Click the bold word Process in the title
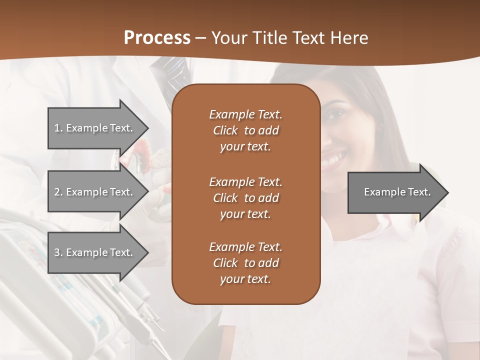[157, 38]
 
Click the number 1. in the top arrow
[58, 128]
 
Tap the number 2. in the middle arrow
[58, 192]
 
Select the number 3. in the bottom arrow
[58, 252]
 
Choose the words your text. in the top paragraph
[245, 147]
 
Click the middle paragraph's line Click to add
[245, 198]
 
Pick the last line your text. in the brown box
[245, 279]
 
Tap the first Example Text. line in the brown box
[245, 114]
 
